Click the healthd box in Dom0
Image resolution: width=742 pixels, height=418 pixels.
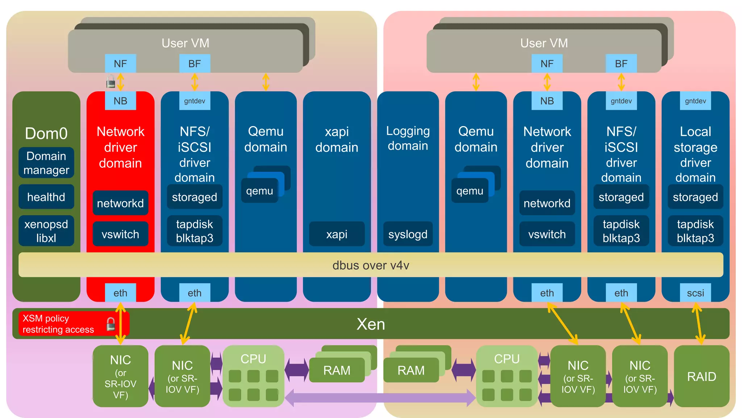tap(46, 197)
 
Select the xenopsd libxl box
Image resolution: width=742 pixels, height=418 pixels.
tap(46, 231)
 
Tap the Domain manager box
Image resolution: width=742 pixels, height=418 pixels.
tap(46, 163)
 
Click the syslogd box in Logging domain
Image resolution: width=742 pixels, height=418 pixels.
tap(408, 234)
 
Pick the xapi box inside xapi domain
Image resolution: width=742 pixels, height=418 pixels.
tap(337, 234)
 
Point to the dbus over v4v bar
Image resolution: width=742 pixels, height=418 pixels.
tap(370, 265)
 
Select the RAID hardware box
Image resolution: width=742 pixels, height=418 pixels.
tap(701, 376)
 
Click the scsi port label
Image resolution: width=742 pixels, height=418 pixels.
tap(695, 293)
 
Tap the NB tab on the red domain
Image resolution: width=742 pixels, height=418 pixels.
tap(120, 101)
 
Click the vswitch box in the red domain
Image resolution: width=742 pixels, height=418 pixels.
tap(120, 234)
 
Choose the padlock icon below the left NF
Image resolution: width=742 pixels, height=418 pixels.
tap(111, 82)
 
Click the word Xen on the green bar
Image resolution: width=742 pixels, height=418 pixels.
tap(370, 324)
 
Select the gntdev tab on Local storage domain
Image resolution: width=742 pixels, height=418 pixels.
tap(695, 101)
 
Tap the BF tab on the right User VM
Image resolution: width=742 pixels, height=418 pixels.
tap(621, 64)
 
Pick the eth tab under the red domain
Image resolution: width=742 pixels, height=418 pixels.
tap(120, 293)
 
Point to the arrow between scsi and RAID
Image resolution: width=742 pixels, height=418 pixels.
tap(698, 323)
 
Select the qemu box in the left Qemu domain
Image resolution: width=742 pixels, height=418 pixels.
tap(259, 191)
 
